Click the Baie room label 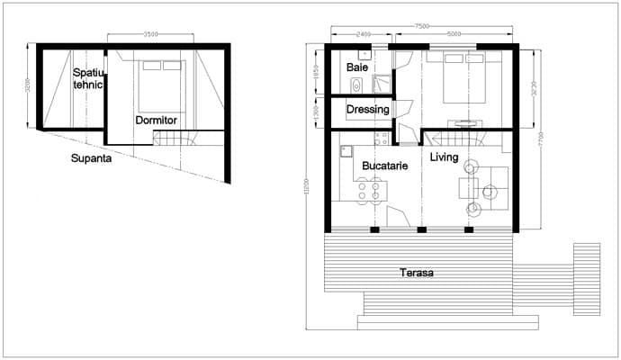click(357, 67)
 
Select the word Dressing click(368, 110)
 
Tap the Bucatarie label click(386, 166)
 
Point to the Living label click(445, 158)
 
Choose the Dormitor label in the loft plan click(156, 120)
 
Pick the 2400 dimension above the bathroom click(363, 35)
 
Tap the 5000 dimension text click(453, 35)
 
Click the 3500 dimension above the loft click(150, 34)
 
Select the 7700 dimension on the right click(541, 139)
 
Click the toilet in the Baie click(356, 85)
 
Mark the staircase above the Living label click(454, 139)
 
